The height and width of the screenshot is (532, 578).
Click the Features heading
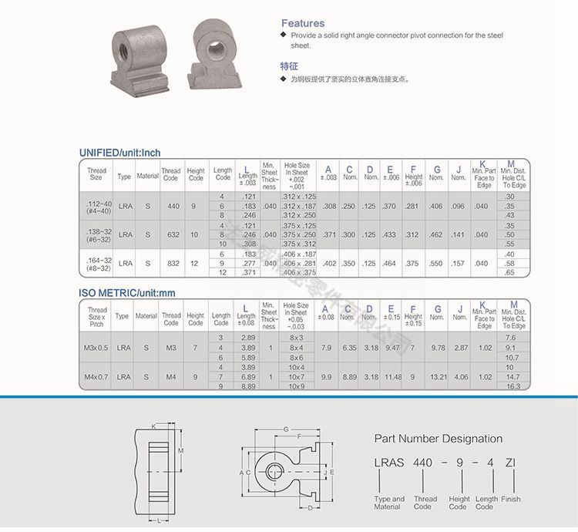(x=302, y=23)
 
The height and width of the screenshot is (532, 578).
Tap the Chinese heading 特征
(x=289, y=66)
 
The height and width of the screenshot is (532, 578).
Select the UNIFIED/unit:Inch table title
(x=119, y=153)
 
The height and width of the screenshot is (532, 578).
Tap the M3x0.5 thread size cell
(x=97, y=348)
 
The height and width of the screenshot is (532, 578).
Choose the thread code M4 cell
(x=170, y=376)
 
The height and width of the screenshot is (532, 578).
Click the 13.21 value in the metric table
(x=437, y=376)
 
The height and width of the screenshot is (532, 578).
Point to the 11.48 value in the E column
(x=393, y=376)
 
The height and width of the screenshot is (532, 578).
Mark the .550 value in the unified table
(x=436, y=263)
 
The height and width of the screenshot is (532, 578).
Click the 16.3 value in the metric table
(x=510, y=386)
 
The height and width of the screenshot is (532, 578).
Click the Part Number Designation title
(x=438, y=439)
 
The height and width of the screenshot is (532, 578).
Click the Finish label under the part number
(x=510, y=500)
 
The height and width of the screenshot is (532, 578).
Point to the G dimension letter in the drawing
(x=285, y=429)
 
